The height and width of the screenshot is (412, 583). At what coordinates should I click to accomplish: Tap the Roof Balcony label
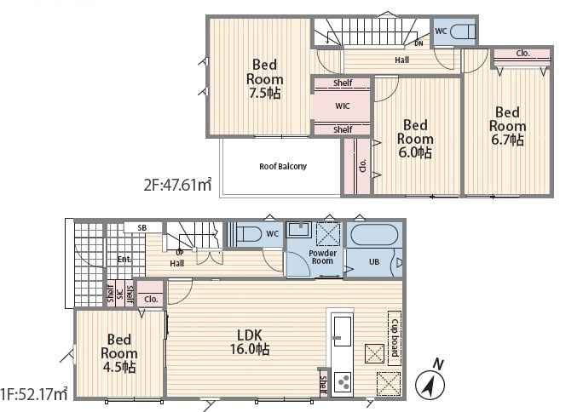pyautogui.click(x=283, y=166)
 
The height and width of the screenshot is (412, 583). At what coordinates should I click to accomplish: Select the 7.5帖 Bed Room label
pyautogui.click(x=264, y=78)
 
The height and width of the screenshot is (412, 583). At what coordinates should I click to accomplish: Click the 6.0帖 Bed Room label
pyautogui.click(x=415, y=139)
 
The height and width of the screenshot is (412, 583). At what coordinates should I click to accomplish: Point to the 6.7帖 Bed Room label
pyautogui.click(x=507, y=126)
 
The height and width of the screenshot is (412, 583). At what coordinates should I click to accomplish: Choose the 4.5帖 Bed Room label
pyautogui.click(x=119, y=353)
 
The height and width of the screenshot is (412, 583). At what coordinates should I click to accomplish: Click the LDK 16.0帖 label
pyautogui.click(x=250, y=342)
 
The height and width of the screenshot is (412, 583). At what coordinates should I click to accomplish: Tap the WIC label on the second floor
pyautogui.click(x=343, y=106)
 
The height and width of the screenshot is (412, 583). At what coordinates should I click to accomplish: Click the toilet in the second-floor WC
pyautogui.click(x=463, y=31)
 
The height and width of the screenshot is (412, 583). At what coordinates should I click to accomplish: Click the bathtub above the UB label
pyautogui.click(x=374, y=235)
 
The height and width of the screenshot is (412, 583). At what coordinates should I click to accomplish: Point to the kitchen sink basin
pyautogui.click(x=342, y=331)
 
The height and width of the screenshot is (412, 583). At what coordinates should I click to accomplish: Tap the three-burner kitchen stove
pyautogui.click(x=343, y=382)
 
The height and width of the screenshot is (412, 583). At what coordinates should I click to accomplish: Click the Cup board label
pyautogui.click(x=395, y=338)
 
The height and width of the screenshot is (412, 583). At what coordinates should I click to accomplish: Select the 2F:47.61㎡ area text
pyautogui.click(x=178, y=185)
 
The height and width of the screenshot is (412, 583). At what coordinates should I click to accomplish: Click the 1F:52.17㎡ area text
pyautogui.click(x=34, y=393)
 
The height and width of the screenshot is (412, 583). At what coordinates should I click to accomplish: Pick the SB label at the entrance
pyautogui.click(x=142, y=228)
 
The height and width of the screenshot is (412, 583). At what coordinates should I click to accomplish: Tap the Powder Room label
pyautogui.click(x=322, y=257)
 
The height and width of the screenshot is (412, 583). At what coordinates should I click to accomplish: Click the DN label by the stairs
pyautogui.click(x=418, y=43)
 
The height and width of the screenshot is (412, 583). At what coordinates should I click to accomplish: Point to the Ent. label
pyautogui.click(x=124, y=259)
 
